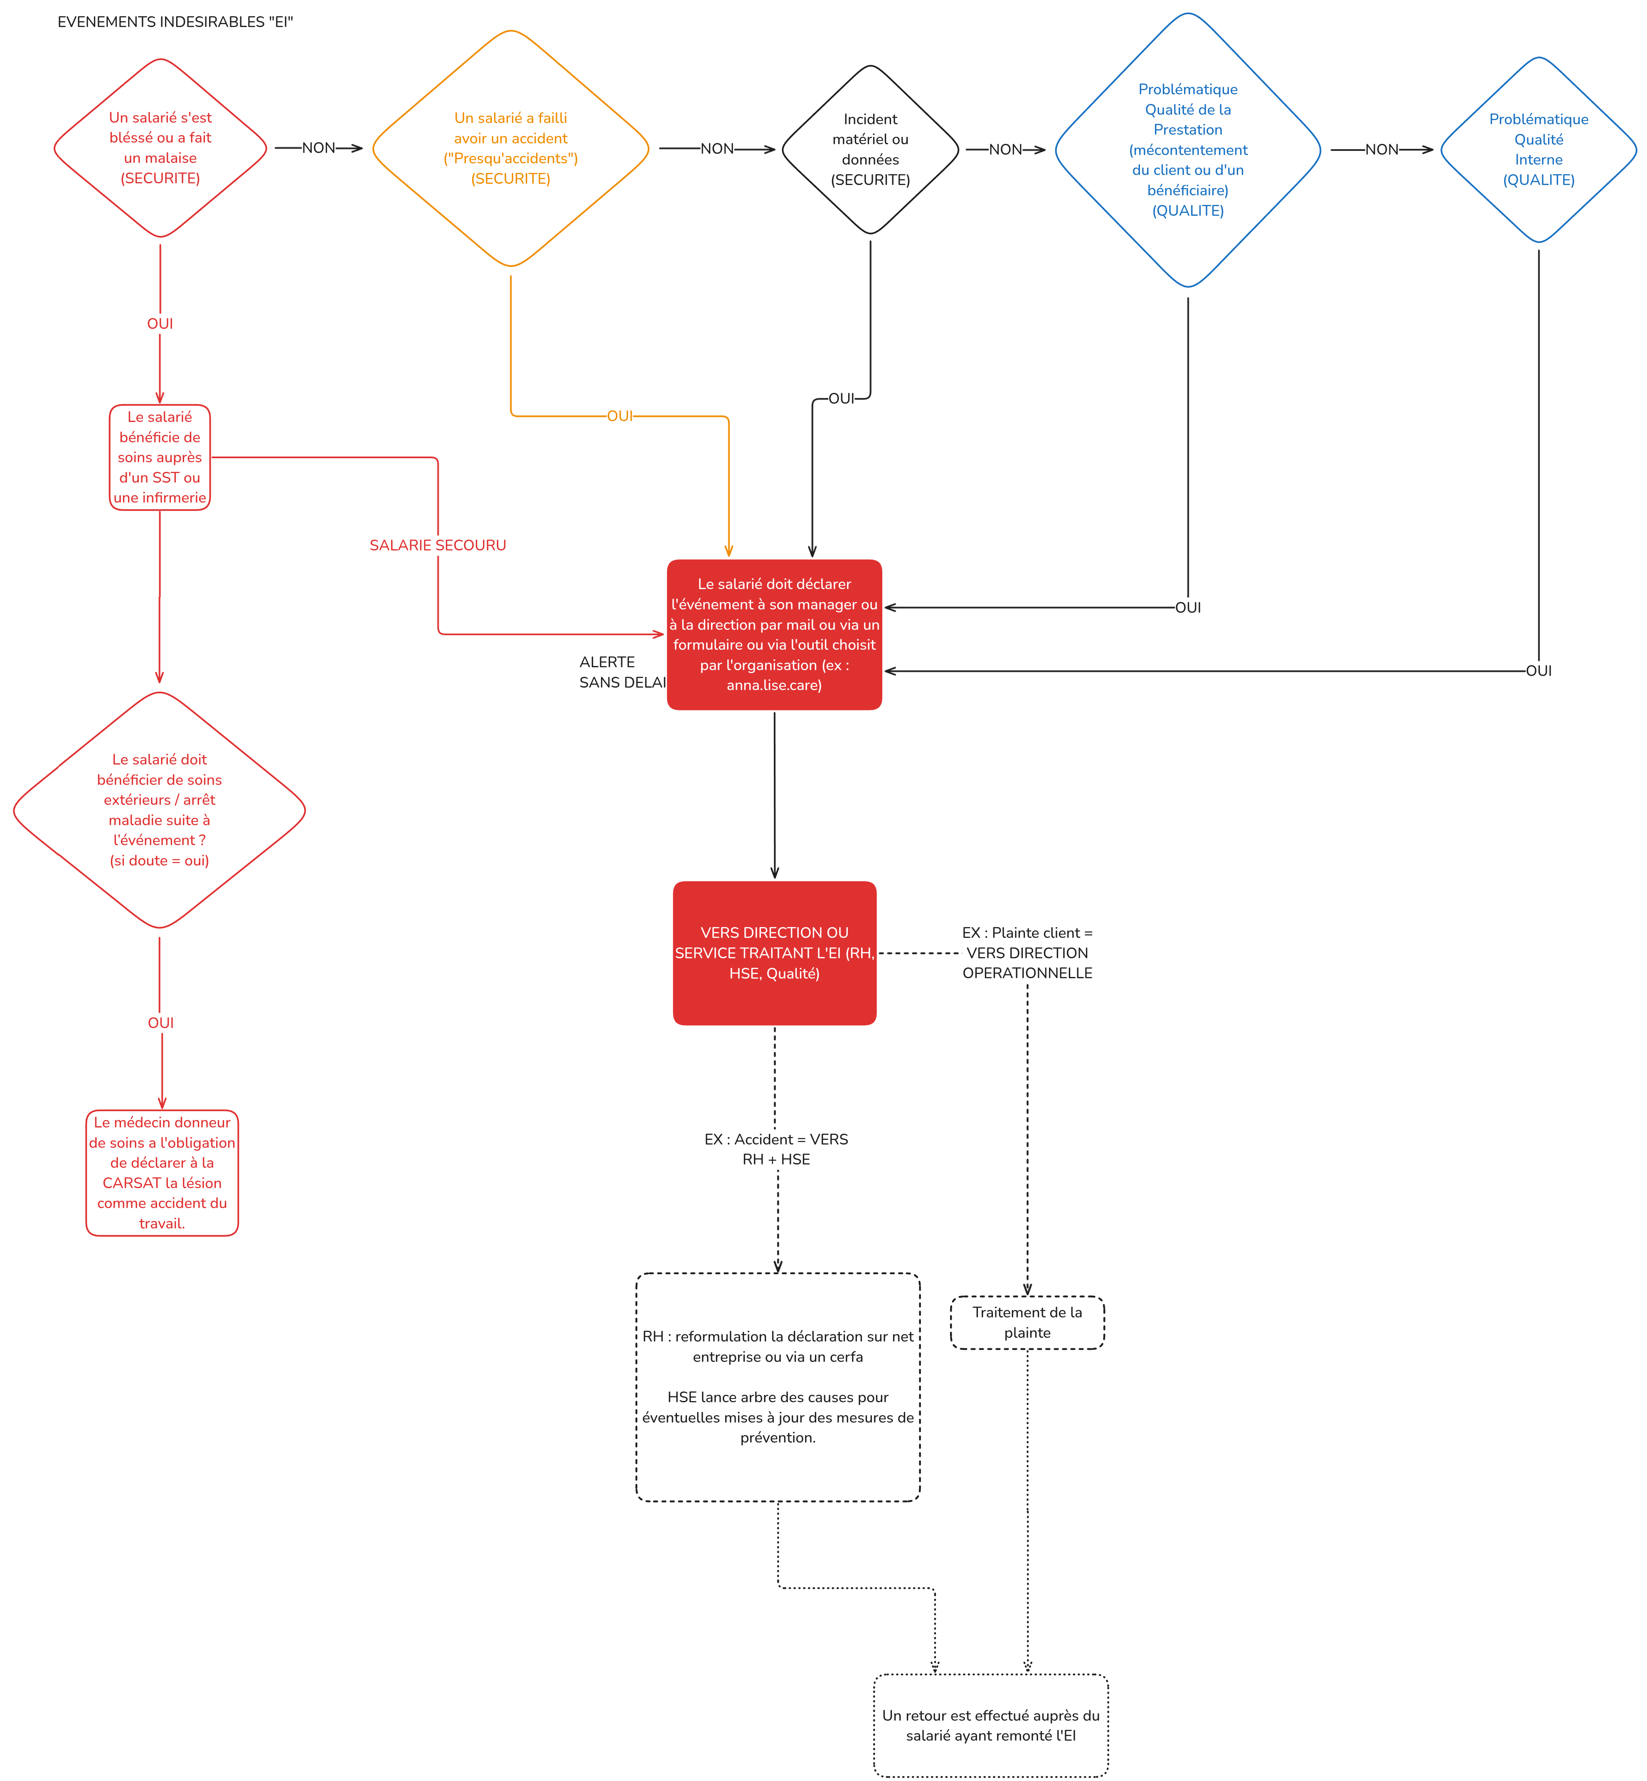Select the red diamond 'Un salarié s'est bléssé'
pyautogui.click(x=160, y=148)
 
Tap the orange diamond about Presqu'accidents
pyautogui.click(x=511, y=148)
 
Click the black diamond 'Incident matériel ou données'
pyautogui.click(x=870, y=150)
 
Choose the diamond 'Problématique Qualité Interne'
pyautogui.click(x=1538, y=150)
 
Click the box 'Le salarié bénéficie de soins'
pyautogui.click(x=160, y=457)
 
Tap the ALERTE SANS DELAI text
pyautogui.click(x=621, y=672)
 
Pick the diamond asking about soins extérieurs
pyautogui.click(x=160, y=809)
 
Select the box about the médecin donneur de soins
pyautogui.click(x=162, y=1172)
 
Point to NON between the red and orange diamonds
pyautogui.click(x=318, y=148)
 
